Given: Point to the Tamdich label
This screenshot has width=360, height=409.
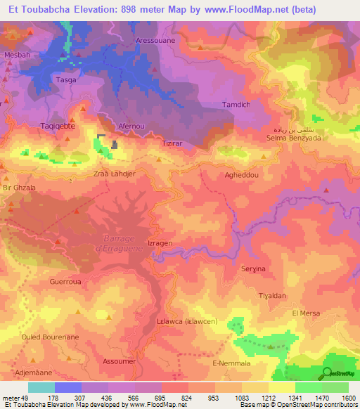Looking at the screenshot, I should coord(236,105).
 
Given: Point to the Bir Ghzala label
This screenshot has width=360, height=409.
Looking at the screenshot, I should coord(19,188).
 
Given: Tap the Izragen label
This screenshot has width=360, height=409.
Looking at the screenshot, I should coord(160,243).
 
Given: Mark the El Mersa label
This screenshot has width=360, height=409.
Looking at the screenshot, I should coord(306,313).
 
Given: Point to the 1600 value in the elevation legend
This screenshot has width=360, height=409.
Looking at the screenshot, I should coord(348,397).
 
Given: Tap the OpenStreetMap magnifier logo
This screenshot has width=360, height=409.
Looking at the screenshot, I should coord(328,372).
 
